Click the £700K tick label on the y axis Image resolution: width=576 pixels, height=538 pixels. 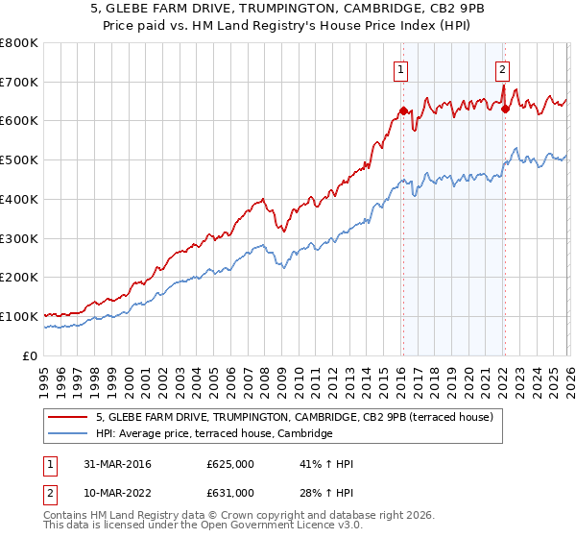[x=19, y=82]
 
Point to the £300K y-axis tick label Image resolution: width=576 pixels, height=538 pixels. [x=19, y=238]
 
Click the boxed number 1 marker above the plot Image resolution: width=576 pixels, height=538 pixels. [x=400, y=68]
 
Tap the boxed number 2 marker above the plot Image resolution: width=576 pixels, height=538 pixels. [x=502, y=68]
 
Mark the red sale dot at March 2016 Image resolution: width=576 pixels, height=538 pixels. [x=403, y=110]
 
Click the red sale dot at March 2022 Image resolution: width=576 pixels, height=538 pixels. [x=505, y=109]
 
